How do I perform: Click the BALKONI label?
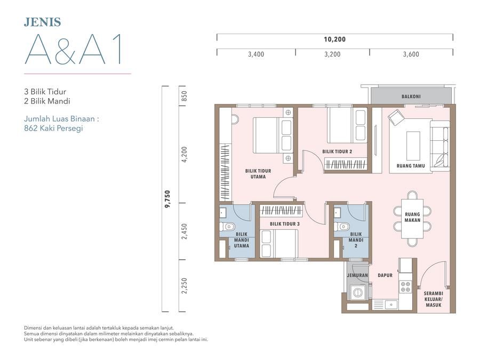point(411,97)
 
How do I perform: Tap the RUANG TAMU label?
point(411,166)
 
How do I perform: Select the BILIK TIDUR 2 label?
point(337,151)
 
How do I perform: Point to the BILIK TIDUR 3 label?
point(285,224)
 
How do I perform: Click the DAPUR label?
point(385,276)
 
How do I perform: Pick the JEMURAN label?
point(357,276)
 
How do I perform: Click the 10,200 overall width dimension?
point(334,39)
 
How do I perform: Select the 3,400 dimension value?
point(256,54)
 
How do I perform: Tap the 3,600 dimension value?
point(411,54)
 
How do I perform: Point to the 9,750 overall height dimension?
point(167,199)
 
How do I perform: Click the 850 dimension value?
point(184,96)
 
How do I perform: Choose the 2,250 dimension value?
point(184,286)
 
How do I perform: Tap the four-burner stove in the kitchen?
point(406,287)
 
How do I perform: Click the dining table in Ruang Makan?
point(412,219)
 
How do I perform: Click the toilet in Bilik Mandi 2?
point(341,227)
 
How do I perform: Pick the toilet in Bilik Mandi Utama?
point(227,227)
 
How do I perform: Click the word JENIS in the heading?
point(43,22)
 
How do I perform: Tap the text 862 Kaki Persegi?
point(53,128)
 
